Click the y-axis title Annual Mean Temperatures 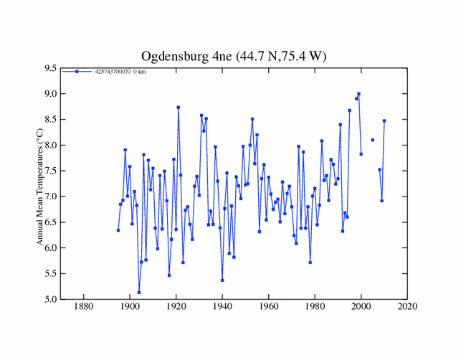(41, 184)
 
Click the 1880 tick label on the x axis (84, 308)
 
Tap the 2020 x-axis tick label (407, 308)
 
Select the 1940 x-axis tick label (222, 308)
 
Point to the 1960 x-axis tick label (269, 308)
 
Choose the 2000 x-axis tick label (361, 308)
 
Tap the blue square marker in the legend (77, 72)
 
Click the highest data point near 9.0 (358, 94)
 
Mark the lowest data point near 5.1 (139, 292)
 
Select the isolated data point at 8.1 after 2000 (373, 140)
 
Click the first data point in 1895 (118, 230)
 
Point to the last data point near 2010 (384, 120)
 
